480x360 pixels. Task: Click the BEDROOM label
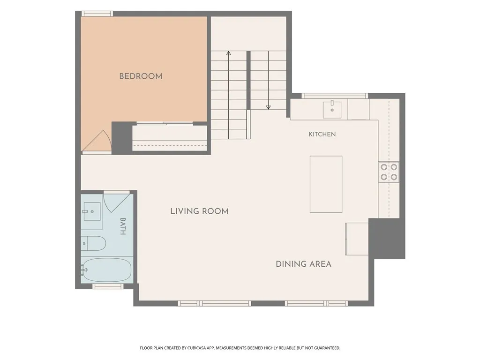pyautogui.click(x=141, y=76)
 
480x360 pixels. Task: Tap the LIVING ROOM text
pyautogui.click(x=200, y=211)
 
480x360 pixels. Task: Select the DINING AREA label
pyautogui.click(x=304, y=264)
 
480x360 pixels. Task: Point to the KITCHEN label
pyautogui.click(x=322, y=134)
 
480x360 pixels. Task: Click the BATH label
pyautogui.click(x=123, y=226)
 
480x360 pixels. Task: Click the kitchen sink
pyautogui.click(x=332, y=109)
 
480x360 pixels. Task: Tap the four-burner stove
pyautogui.click(x=389, y=172)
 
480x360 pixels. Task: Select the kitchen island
pyautogui.click(x=326, y=184)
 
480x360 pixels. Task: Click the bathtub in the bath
pyautogui.click(x=106, y=270)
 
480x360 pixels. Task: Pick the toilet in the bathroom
pyautogui.click(x=93, y=243)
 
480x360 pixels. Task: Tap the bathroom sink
pyautogui.click(x=92, y=211)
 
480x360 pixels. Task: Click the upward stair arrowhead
pyautogui.click(x=228, y=53)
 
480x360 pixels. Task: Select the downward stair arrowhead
pyautogui.click(x=269, y=107)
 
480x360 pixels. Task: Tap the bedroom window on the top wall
pyautogui.click(x=97, y=14)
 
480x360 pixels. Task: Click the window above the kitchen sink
pyautogui.click(x=335, y=96)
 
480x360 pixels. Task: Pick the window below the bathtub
pyautogui.click(x=108, y=286)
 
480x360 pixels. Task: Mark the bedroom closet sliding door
pyautogui.click(x=165, y=124)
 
